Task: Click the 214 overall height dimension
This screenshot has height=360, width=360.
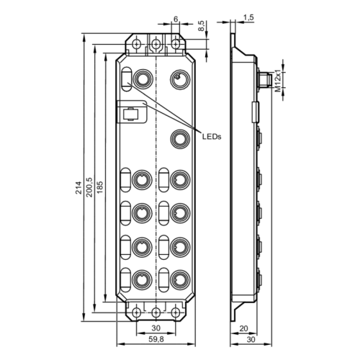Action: coord(78,188)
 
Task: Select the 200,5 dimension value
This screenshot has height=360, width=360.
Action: coord(89,187)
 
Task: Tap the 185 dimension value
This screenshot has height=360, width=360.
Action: coord(100,187)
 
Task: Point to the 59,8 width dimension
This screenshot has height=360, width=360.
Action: coord(156,339)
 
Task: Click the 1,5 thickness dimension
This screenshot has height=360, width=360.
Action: coord(248,17)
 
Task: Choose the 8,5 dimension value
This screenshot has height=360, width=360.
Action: coord(202,26)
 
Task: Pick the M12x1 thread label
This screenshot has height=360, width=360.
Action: coord(277,81)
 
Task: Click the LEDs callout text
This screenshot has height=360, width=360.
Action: coord(212,137)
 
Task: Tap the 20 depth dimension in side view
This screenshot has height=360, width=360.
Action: coord(244,328)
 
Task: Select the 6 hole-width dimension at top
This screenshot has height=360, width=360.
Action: coord(176,19)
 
